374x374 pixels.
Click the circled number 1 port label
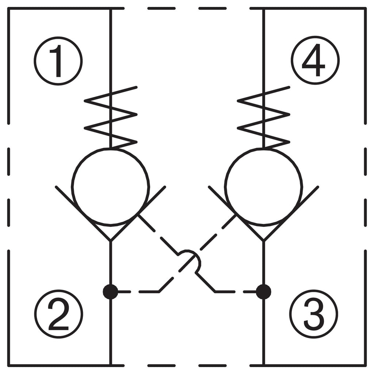coord(58,61)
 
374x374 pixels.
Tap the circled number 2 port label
coord(58,314)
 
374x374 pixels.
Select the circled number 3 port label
coord(314,314)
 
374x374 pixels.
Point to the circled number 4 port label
coord(315,60)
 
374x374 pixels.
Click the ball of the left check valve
coord(111,186)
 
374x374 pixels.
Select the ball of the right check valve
coord(263,186)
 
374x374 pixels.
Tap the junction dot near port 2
coord(110,292)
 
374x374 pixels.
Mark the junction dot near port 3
coord(263,292)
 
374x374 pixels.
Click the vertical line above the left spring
coord(110,47)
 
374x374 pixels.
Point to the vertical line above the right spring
coord(263,47)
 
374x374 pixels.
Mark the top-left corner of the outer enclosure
coord(8,8)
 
